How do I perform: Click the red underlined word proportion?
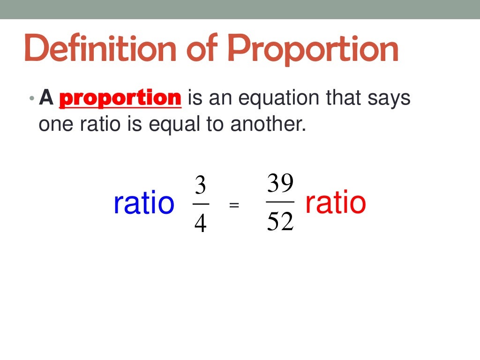coord(120,98)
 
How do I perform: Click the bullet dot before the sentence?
coord(31,99)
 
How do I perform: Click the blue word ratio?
coord(143,203)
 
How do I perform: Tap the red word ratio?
coord(335,202)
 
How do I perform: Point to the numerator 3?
coord(200,187)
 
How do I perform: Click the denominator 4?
coord(200,224)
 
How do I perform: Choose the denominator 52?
coord(280,222)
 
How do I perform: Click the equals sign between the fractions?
coord(234,205)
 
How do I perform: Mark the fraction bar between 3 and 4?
coord(201,204)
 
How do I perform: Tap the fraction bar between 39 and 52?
coord(280,202)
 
